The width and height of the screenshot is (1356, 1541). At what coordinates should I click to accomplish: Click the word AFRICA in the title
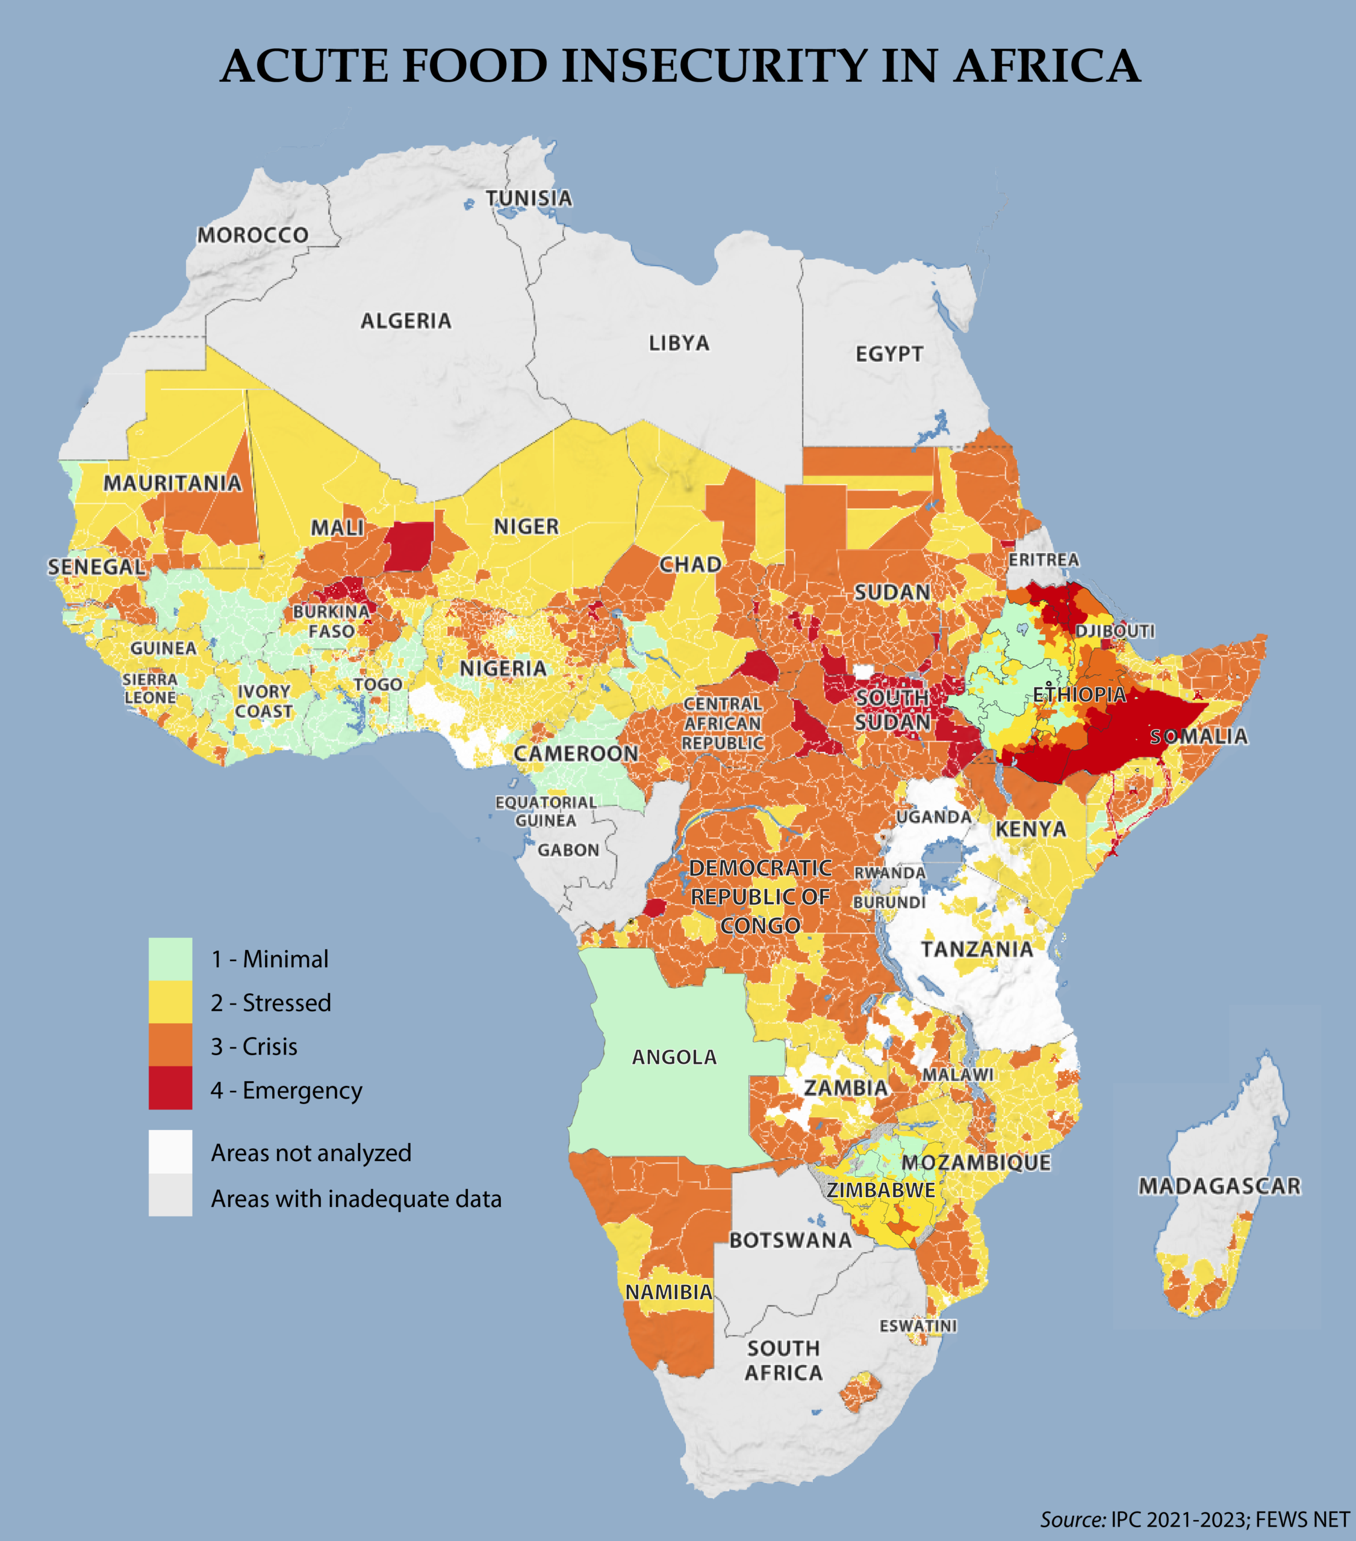pyautogui.click(x=1046, y=66)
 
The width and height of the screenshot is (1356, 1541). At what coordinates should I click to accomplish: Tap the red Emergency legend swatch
pyautogui.click(x=170, y=1088)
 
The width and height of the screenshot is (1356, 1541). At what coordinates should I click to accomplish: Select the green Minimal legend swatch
pyautogui.click(x=170, y=958)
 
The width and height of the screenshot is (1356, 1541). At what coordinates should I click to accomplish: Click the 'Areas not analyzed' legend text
pyautogui.click(x=311, y=1153)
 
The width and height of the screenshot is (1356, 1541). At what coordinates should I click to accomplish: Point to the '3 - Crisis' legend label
pyautogui.click(x=254, y=1046)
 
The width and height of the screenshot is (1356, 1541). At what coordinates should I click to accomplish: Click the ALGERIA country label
pyautogui.click(x=406, y=321)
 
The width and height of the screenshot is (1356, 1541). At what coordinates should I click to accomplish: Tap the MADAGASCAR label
pyautogui.click(x=1219, y=1186)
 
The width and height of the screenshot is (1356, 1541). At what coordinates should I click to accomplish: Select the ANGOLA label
pyautogui.click(x=674, y=1057)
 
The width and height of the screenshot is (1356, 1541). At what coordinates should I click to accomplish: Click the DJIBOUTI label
pyautogui.click(x=1115, y=631)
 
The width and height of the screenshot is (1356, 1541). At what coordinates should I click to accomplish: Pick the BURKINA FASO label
pyautogui.click(x=331, y=621)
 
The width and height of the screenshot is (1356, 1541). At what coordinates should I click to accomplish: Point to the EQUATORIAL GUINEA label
pyautogui.click(x=546, y=811)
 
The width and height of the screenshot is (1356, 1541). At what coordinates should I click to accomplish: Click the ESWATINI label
pyautogui.click(x=918, y=1326)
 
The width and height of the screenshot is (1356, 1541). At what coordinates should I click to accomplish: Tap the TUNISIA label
pyautogui.click(x=529, y=198)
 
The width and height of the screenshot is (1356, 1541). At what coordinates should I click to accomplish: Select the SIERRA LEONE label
pyautogui.click(x=150, y=688)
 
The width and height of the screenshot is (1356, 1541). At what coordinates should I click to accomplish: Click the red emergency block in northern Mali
pyautogui.click(x=409, y=546)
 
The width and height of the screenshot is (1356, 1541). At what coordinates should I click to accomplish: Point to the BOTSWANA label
pyautogui.click(x=791, y=1240)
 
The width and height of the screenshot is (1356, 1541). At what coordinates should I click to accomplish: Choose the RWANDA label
pyautogui.click(x=889, y=873)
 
